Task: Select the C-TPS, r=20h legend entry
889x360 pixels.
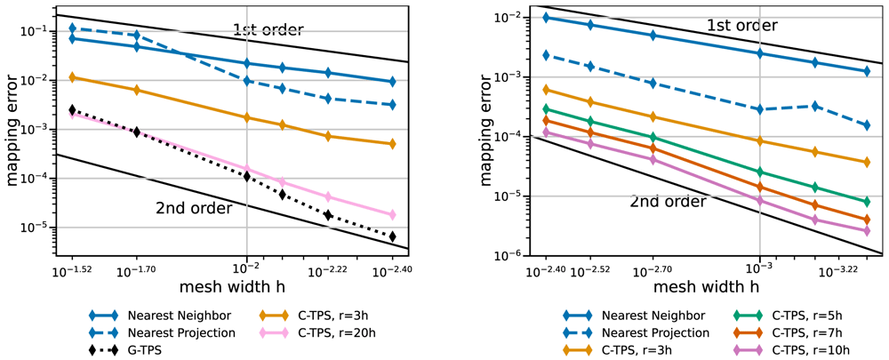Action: click(x=320, y=332)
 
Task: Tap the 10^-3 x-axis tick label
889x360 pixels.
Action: click(x=759, y=271)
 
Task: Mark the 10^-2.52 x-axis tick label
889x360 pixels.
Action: click(x=591, y=271)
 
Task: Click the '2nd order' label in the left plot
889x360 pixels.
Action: click(x=194, y=208)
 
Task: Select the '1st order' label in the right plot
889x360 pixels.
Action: click(x=741, y=26)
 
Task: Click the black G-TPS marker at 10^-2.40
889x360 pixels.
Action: click(x=393, y=236)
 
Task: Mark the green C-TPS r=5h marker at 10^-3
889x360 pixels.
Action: click(x=759, y=172)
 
